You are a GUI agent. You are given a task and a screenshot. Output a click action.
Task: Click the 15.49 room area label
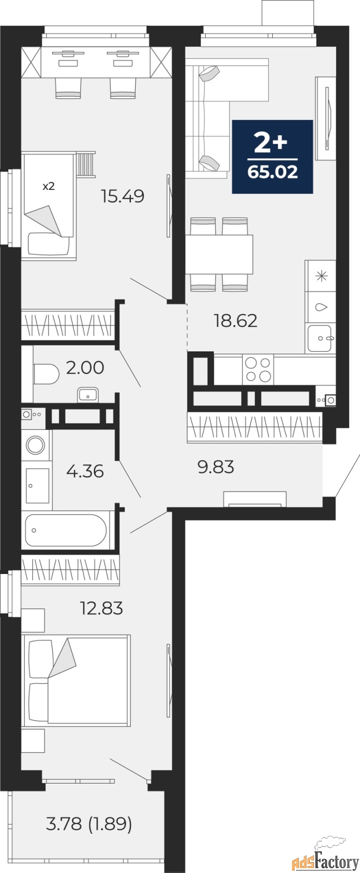[x=122, y=196]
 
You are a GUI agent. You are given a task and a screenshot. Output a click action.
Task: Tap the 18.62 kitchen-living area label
[x=235, y=321]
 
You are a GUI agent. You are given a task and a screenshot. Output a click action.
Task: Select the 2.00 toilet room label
[x=85, y=368]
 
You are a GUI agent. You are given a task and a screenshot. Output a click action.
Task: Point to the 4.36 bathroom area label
[x=85, y=471]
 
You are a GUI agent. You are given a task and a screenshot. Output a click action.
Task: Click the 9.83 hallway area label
[x=216, y=467]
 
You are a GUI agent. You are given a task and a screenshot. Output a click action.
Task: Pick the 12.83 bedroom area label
[x=101, y=608]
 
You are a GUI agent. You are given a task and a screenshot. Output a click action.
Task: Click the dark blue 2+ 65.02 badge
[x=272, y=157]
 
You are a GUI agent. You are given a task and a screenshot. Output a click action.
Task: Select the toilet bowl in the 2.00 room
[x=46, y=374]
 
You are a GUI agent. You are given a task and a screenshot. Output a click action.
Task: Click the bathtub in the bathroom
[x=66, y=530]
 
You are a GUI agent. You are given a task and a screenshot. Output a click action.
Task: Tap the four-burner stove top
[x=258, y=369]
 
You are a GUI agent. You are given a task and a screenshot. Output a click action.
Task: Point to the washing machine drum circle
[x=35, y=444]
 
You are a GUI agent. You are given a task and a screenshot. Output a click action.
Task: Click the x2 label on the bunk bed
[x=49, y=186]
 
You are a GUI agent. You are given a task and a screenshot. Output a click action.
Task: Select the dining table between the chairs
[x=219, y=254]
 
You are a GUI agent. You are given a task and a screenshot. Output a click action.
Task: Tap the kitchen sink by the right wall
[x=320, y=338]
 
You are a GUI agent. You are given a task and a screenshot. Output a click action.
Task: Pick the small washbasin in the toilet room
[x=88, y=395]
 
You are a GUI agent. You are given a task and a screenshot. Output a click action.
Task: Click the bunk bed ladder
[x=85, y=164]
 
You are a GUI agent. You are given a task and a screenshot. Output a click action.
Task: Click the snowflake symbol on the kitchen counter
[x=321, y=276]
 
